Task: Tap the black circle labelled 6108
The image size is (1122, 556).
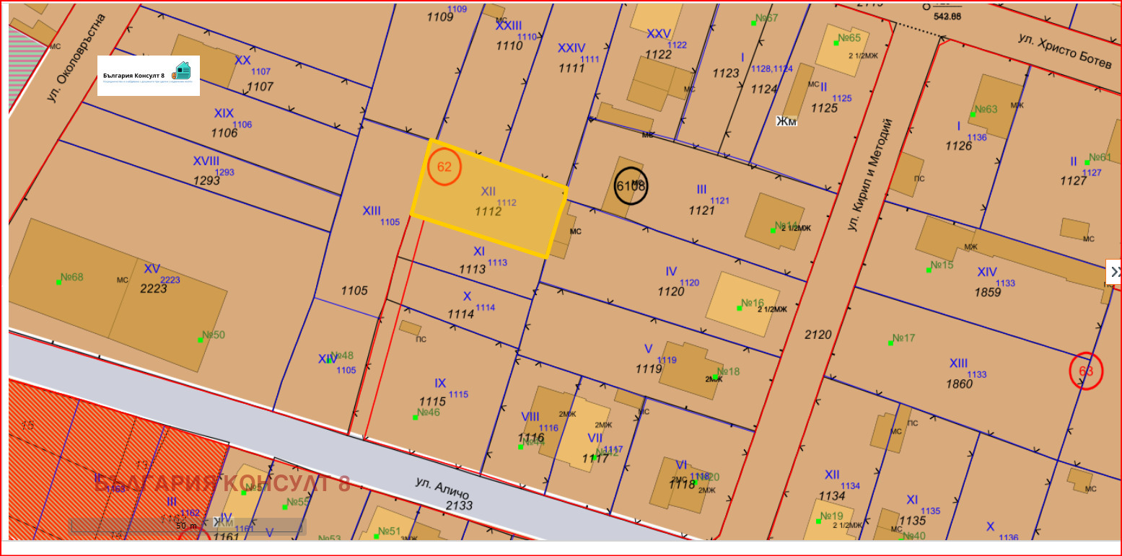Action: pyautogui.click(x=631, y=186)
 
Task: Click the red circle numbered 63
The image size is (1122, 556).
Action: pyautogui.click(x=1086, y=371)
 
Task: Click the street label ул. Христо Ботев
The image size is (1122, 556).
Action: pyautogui.click(x=1066, y=51)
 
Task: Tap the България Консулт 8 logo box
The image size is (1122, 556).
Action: pyautogui.click(x=149, y=76)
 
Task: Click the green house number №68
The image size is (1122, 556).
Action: pyautogui.click(x=71, y=277)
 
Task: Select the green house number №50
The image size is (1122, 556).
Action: pyautogui.click(x=213, y=335)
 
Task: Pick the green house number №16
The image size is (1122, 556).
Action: pyautogui.click(x=752, y=303)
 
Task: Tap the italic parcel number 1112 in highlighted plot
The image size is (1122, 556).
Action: pyautogui.click(x=488, y=211)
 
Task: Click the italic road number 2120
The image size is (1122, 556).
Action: pyautogui.click(x=818, y=335)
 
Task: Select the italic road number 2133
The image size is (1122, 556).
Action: pyautogui.click(x=459, y=505)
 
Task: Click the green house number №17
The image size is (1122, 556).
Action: pyautogui.click(x=903, y=338)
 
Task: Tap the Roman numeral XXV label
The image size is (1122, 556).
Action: pyautogui.click(x=658, y=34)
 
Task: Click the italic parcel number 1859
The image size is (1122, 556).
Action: pyautogui.click(x=988, y=292)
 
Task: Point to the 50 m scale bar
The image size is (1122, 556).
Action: pyautogui.click(x=186, y=526)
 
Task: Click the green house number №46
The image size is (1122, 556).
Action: pyautogui.click(x=428, y=412)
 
